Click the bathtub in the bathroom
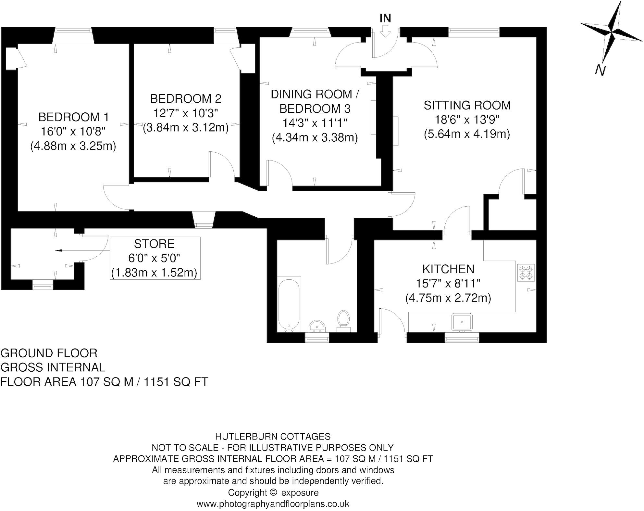click(x=289, y=305)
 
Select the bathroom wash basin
click(x=317, y=326)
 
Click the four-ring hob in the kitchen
click(x=526, y=273)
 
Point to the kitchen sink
click(x=462, y=322)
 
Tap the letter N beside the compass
click(x=600, y=70)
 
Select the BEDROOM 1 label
click(x=74, y=117)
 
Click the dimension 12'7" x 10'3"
click(x=185, y=113)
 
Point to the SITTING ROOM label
click(x=467, y=105)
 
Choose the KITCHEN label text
click(x=448, y=269)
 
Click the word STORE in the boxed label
click(x=154, y=244)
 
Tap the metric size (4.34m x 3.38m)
click(x=315, y=137)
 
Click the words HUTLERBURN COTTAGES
click(x=273, y=436)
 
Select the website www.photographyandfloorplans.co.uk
click(x=273, y=504)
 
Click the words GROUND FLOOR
click(x=49, y=353)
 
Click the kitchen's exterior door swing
click(x=392, y=322)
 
